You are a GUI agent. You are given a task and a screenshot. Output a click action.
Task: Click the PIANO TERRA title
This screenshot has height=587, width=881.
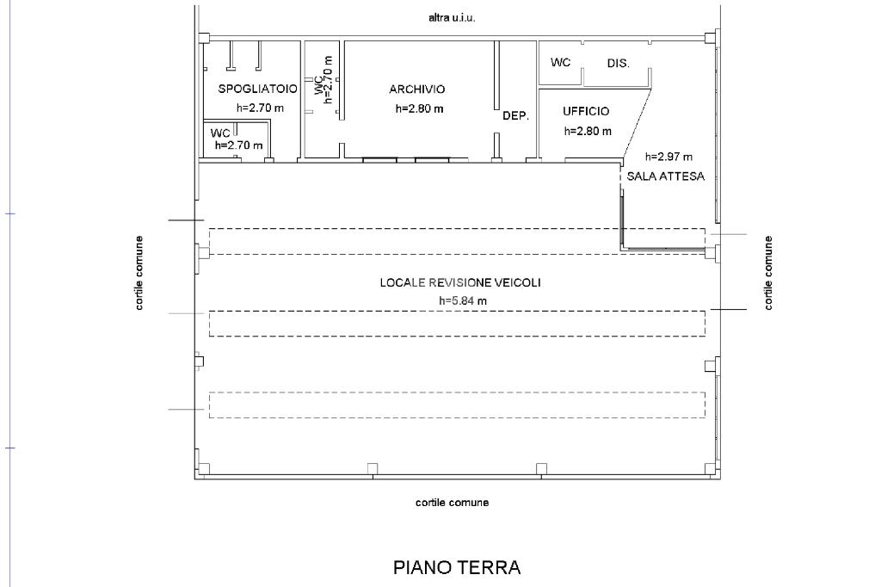457,567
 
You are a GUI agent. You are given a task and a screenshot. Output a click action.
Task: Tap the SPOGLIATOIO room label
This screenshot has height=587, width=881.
258,89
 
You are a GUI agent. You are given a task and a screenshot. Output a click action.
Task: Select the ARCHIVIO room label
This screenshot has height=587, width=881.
417,89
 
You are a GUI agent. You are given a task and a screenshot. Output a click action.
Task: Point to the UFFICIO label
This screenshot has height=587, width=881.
586,111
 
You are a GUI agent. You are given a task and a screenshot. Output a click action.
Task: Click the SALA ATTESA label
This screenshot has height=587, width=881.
666,176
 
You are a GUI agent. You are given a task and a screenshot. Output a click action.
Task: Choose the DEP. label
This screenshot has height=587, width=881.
516,116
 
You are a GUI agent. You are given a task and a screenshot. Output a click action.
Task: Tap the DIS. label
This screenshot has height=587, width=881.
618,64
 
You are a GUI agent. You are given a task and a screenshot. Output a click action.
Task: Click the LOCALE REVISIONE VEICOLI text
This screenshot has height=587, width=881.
460,282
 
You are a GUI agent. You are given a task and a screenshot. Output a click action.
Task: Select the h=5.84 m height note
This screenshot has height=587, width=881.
463,300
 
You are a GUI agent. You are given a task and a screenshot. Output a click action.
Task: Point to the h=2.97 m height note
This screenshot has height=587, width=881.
668,157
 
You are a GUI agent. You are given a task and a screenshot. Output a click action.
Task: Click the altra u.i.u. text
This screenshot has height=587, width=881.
452,18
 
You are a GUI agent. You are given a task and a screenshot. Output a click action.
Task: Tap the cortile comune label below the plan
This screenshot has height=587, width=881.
453,503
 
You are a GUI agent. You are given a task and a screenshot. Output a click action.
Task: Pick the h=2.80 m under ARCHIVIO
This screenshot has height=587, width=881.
419,108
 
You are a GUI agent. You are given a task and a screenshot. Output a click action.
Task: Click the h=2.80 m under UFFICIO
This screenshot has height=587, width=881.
588,131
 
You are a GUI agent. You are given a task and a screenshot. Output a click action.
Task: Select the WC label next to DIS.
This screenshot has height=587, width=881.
560,62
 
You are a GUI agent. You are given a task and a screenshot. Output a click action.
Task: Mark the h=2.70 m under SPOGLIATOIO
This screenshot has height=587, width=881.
260,108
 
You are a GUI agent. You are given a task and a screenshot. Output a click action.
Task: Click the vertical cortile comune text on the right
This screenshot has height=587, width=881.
768,273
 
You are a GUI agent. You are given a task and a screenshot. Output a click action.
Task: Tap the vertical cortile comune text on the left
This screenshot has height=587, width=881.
139,273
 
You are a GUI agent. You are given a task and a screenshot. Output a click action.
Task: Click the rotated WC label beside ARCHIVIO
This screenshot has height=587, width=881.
318,85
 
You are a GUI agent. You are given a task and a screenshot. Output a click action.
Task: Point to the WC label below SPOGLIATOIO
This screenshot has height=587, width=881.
220,133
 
